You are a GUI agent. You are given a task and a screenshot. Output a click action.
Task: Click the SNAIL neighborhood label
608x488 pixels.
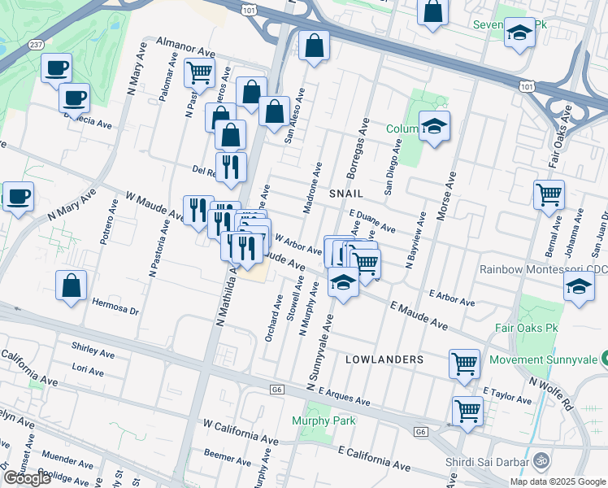click(x=345, y=194)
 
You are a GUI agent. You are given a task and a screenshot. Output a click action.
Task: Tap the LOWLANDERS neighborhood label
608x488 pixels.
click(x=384, y=359)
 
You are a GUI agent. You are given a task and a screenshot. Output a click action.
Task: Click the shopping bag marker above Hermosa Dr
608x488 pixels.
click(x=72, y=285)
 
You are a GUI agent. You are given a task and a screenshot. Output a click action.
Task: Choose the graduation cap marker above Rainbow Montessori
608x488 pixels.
click(x=579, y=287)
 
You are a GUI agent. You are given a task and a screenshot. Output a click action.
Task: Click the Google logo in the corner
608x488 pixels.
click(x=27, y=478)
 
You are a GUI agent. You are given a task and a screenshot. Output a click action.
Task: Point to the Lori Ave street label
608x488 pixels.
click(x=88, y=371)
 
